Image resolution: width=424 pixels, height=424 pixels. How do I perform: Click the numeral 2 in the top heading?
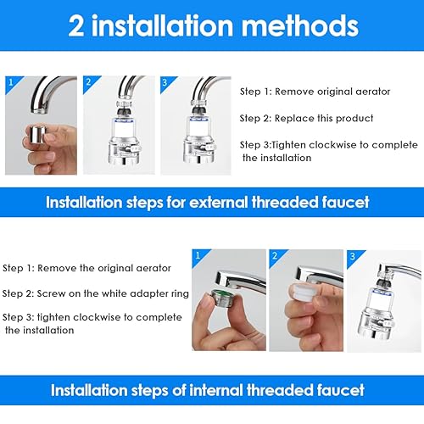[76, 26]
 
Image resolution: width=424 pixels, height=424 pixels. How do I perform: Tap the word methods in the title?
[300, 26]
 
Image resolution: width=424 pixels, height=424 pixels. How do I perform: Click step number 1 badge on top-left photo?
[11, 82]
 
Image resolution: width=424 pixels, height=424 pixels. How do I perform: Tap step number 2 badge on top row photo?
[89, 82]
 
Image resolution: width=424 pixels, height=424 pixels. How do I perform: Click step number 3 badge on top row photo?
[165, 82]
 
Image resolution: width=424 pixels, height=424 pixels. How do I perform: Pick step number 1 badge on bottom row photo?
[198, 256]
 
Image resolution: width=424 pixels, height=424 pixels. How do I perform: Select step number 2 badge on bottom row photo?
[275, 256]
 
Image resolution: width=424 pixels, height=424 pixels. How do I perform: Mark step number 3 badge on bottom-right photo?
[353, 256]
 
